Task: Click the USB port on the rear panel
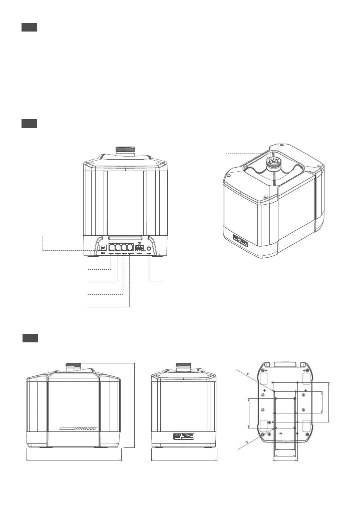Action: coord(103,247)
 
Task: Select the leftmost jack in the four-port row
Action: coord(111,247)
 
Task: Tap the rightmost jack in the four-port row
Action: coord(130,247)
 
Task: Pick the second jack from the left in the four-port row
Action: coord(118,247)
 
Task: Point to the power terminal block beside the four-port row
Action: coord(140,247)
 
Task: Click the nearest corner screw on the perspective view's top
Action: coord(228,176)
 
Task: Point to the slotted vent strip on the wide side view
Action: coord(77,428)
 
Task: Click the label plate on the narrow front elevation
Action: coord(184,436)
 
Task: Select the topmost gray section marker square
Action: coord(30,27)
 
